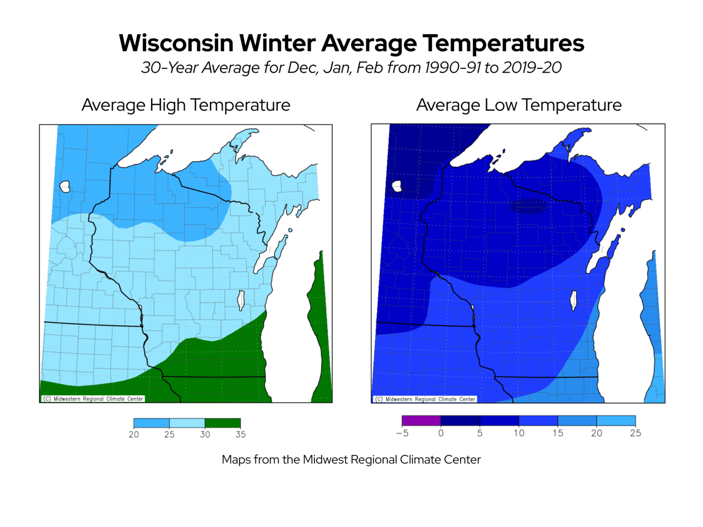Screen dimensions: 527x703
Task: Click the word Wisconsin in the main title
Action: click(176, 43)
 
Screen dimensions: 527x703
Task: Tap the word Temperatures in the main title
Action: click(503, 43)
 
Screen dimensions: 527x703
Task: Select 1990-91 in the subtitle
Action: click(453, 68)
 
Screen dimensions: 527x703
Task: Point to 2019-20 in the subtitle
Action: click(532, 68)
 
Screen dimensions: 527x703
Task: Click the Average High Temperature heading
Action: click(186, 105)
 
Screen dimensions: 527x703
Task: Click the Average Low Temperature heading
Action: click(519, 105)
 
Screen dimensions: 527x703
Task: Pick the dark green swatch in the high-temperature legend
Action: click(222, 423)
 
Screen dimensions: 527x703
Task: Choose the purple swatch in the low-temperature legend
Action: click(421, 420)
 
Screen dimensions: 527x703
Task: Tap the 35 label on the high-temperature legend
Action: click(241, 435)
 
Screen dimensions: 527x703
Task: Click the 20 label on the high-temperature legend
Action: click(134, 435)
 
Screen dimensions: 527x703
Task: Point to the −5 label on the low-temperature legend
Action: click(402, 433)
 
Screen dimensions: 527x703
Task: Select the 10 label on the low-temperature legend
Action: click(519, 433)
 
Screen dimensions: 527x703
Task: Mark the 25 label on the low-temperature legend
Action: click(635, 433)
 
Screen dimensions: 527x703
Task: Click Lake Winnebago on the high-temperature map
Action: click(241, 300)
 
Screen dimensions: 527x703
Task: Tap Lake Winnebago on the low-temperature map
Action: click(573, 300)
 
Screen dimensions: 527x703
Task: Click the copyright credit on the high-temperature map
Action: click(93, 399)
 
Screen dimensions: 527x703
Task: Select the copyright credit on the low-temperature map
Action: click(425, 399)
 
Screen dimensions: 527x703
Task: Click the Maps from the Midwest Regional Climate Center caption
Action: click(351, 460)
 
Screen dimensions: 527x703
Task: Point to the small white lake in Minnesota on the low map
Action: click(396, 186)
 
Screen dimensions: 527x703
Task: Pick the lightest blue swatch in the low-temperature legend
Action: click(616, 420)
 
